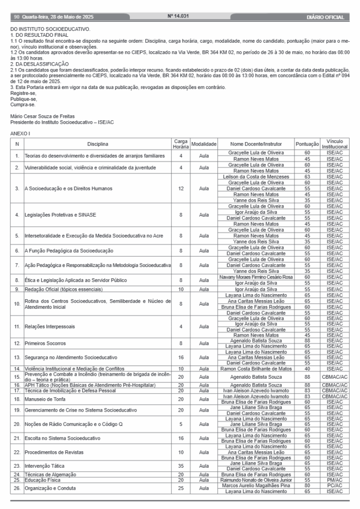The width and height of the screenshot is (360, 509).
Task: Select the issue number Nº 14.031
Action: (178, 17)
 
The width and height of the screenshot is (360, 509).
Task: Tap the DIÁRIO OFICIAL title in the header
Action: (326, 17)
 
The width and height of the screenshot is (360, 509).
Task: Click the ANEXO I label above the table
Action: (20, 134)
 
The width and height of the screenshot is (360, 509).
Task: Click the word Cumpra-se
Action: (22, 105)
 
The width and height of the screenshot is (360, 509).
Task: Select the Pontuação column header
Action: (307, 145)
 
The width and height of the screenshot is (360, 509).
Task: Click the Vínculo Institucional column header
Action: (334, 145)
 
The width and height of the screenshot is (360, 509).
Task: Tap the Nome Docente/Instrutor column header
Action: (256, 145)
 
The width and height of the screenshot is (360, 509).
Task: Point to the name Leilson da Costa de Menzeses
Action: (256, 176)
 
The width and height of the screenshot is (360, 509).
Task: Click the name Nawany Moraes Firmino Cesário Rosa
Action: (256, 277)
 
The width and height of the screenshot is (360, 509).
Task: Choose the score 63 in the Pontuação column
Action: (307, 176)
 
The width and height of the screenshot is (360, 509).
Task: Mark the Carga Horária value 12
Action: (180, 189)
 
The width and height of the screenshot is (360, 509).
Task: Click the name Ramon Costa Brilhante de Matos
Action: (256, 369)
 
